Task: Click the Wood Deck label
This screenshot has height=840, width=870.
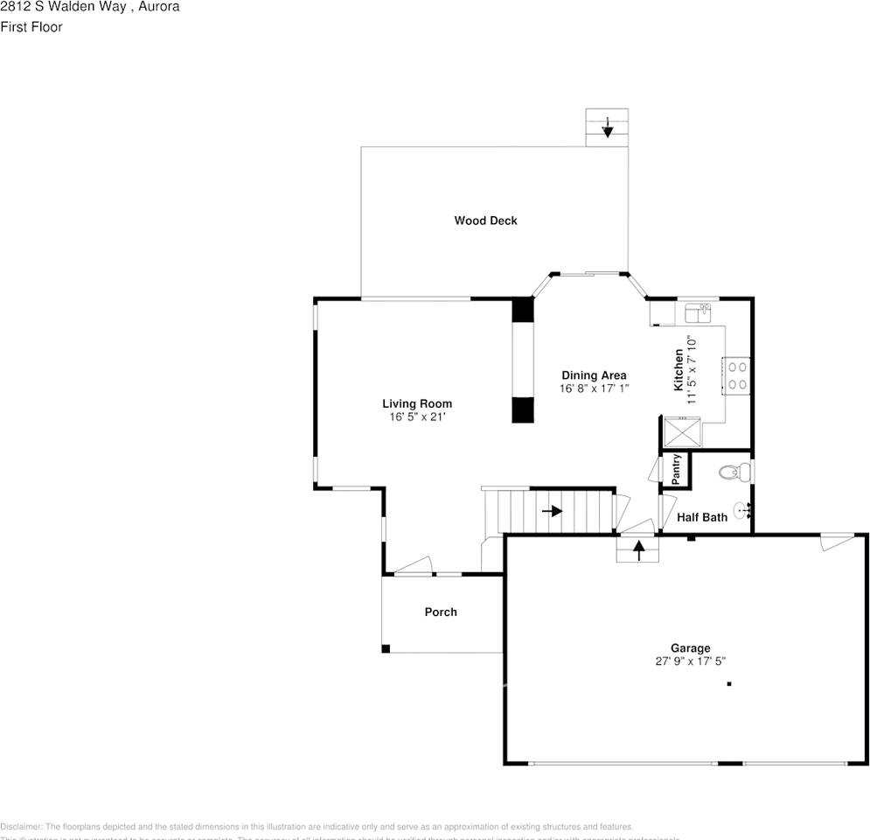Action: tap(485, 220)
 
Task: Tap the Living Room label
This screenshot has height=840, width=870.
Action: tap(417, 403)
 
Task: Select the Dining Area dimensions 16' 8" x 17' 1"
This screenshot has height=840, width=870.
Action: tap(594, 388)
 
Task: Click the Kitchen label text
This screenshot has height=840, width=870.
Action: tap(679, 370)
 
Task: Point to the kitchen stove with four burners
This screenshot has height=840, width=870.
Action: tap(735, 375)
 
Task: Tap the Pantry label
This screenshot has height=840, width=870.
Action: tap(676, 469)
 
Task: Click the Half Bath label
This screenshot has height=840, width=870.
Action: tap(702, 517)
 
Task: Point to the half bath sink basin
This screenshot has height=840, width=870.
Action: tap(741, 510)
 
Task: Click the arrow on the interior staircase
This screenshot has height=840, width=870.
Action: tap(553, 510)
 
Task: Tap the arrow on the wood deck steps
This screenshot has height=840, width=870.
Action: tap(608, 129)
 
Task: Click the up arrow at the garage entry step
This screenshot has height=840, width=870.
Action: tap(638, 550)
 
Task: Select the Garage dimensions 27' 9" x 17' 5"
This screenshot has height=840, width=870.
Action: tap(691, 661)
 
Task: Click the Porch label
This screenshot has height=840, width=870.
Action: tap(441, 612)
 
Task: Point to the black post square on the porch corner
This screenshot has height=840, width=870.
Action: tap(386, 648)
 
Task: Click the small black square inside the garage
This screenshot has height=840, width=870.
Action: tap(728, 683)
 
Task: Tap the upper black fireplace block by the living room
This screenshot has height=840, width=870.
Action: tap(522, 311)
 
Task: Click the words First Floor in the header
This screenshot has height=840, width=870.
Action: tap(31, 27)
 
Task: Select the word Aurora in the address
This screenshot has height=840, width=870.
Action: tap(160, 7)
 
